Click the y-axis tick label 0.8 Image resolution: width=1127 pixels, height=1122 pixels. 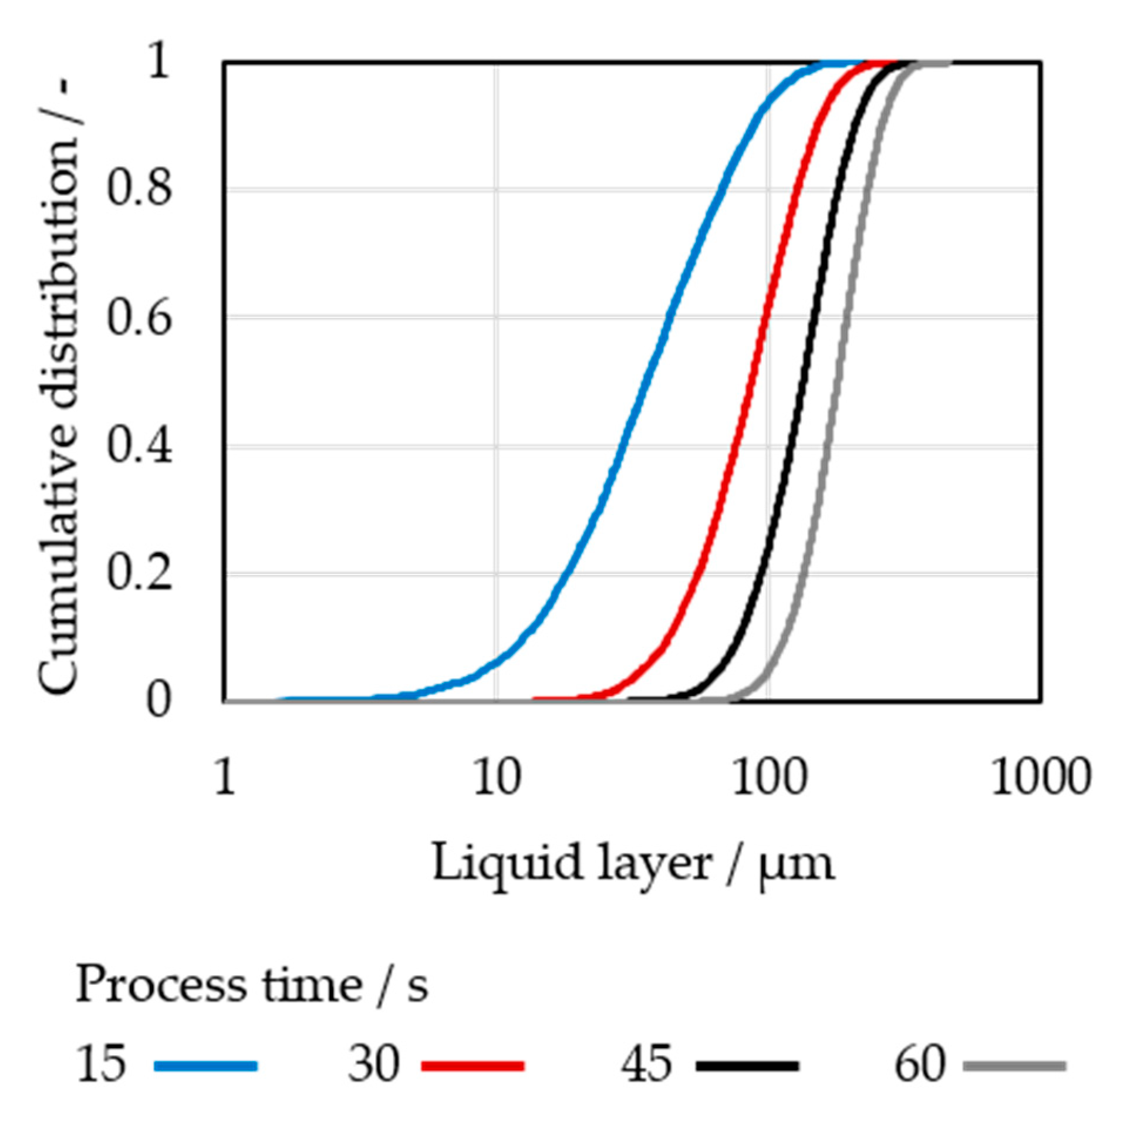coord(140,190)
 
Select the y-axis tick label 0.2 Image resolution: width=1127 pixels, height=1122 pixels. coord(140,573)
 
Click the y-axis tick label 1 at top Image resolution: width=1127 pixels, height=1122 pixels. coord(158,61)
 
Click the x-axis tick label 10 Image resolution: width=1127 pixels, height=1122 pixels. coord(497,778)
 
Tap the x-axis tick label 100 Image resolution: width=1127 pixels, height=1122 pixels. coord(769,778)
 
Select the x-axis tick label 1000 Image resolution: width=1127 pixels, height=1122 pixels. coord(1041,778)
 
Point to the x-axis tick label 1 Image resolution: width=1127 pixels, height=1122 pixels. coord(225,778)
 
